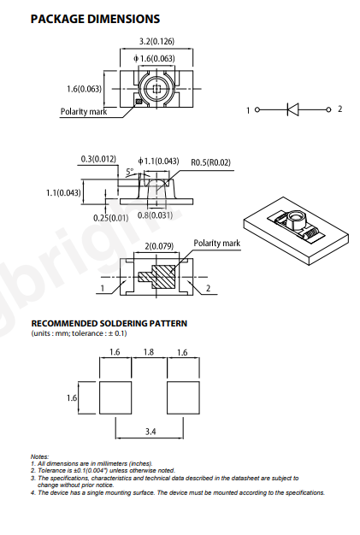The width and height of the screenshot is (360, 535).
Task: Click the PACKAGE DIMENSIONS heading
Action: [x=95, y=19]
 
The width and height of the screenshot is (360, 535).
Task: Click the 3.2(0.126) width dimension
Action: [x=156, y=41]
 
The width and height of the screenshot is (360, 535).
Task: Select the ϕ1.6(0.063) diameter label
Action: [x=154, y=59]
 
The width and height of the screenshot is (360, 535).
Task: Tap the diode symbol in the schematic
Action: [x=292, y=109]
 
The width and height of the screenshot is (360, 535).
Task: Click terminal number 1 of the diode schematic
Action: [x=248, y=110]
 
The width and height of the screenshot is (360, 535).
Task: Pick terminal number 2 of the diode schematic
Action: [x=339, y=109]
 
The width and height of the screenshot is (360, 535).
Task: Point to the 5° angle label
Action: [x=130, y=172]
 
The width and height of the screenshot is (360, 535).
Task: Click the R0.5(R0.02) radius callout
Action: [x=210, y=162]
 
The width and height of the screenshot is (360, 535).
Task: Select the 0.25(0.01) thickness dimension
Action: [x=111, y=218]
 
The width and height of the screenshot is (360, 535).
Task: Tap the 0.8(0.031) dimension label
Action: [x=155, y=215]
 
